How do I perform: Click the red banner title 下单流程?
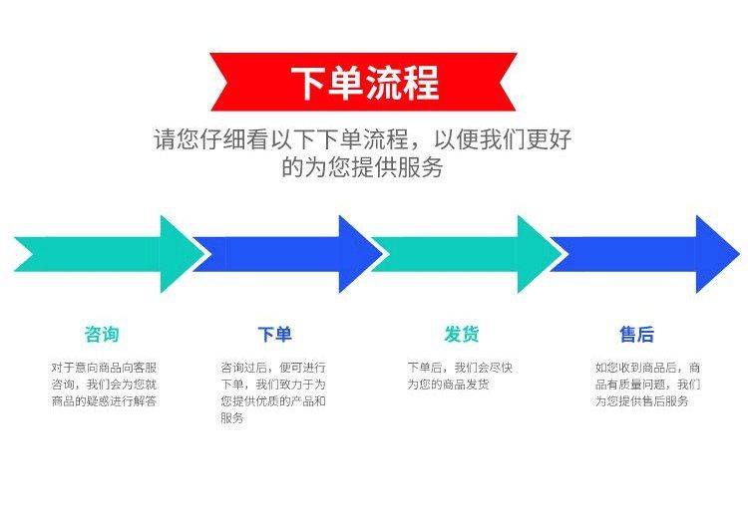(365, 83)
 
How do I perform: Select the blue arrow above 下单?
(287, 254)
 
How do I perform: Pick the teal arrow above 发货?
(467, 254)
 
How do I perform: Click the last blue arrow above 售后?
(645, 254)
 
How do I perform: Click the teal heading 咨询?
(102, 334)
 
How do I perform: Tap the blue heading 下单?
(274, 334)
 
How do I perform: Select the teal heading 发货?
(462, 334)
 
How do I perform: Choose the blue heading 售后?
(637, 334)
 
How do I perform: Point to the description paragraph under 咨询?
(104, 384)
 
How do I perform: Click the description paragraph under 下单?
(273, 392)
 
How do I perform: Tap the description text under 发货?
(460, 376)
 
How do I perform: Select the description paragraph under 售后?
(647, 384)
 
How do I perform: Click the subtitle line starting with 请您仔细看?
(363, 139)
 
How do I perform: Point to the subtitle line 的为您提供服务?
(363, 166)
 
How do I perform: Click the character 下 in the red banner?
(308, 83)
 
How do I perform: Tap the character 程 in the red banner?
(421, 83)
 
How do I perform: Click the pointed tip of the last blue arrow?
(739, 254)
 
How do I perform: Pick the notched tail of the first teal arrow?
(33, 254)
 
